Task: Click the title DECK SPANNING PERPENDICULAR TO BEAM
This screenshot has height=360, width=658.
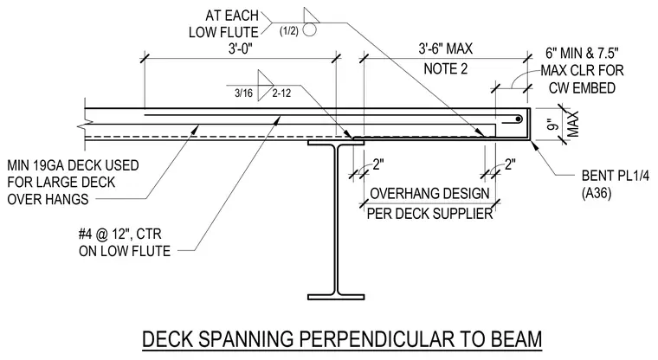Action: pyautogui.click(x=342, y=339)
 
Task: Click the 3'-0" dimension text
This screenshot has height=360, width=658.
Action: pyautogui.click(x=241, y=49)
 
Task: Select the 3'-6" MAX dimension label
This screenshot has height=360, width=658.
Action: pyautogui.click(x=445, y=48)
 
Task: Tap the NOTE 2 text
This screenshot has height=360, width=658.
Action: pyautogui.click(x=445, y=68)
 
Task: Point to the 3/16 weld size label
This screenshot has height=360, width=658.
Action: pyautogui.click(x=243, y=93)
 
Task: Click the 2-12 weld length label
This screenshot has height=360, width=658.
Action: pyautogui.click(x=281, y=93)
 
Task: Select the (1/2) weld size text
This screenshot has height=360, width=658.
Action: pyautogui.click(x=288, y=30)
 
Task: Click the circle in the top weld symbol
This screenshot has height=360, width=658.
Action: pyautogui.click(x=309, y=30)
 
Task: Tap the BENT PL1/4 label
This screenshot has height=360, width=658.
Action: pyautogui.click(x=616, y=176)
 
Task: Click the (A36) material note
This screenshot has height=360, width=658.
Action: pyautogui.click(x=597, y=193)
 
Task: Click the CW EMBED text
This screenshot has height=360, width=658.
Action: pyautogui.click(x=582, y=88)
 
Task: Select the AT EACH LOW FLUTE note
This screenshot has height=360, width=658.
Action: pyautogui.click(x=223, y=24)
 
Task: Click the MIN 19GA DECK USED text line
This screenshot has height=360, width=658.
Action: pyautogui.click(x=73, y=165)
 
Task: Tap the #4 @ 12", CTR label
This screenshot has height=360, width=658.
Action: pyautogui.click(x=120, y=234)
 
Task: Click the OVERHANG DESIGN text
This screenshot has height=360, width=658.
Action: pyautogui.click(x=429, y=194)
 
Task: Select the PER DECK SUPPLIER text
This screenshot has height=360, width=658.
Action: pyautogui.click(x=429, y=214)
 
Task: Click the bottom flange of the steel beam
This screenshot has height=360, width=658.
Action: pyautogui.click(x=336, y=297)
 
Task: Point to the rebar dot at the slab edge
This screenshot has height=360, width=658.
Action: pyautogui.click(x=519, y=119)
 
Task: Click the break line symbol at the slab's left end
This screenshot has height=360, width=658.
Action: pyautogui.click(x=85, y=125)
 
